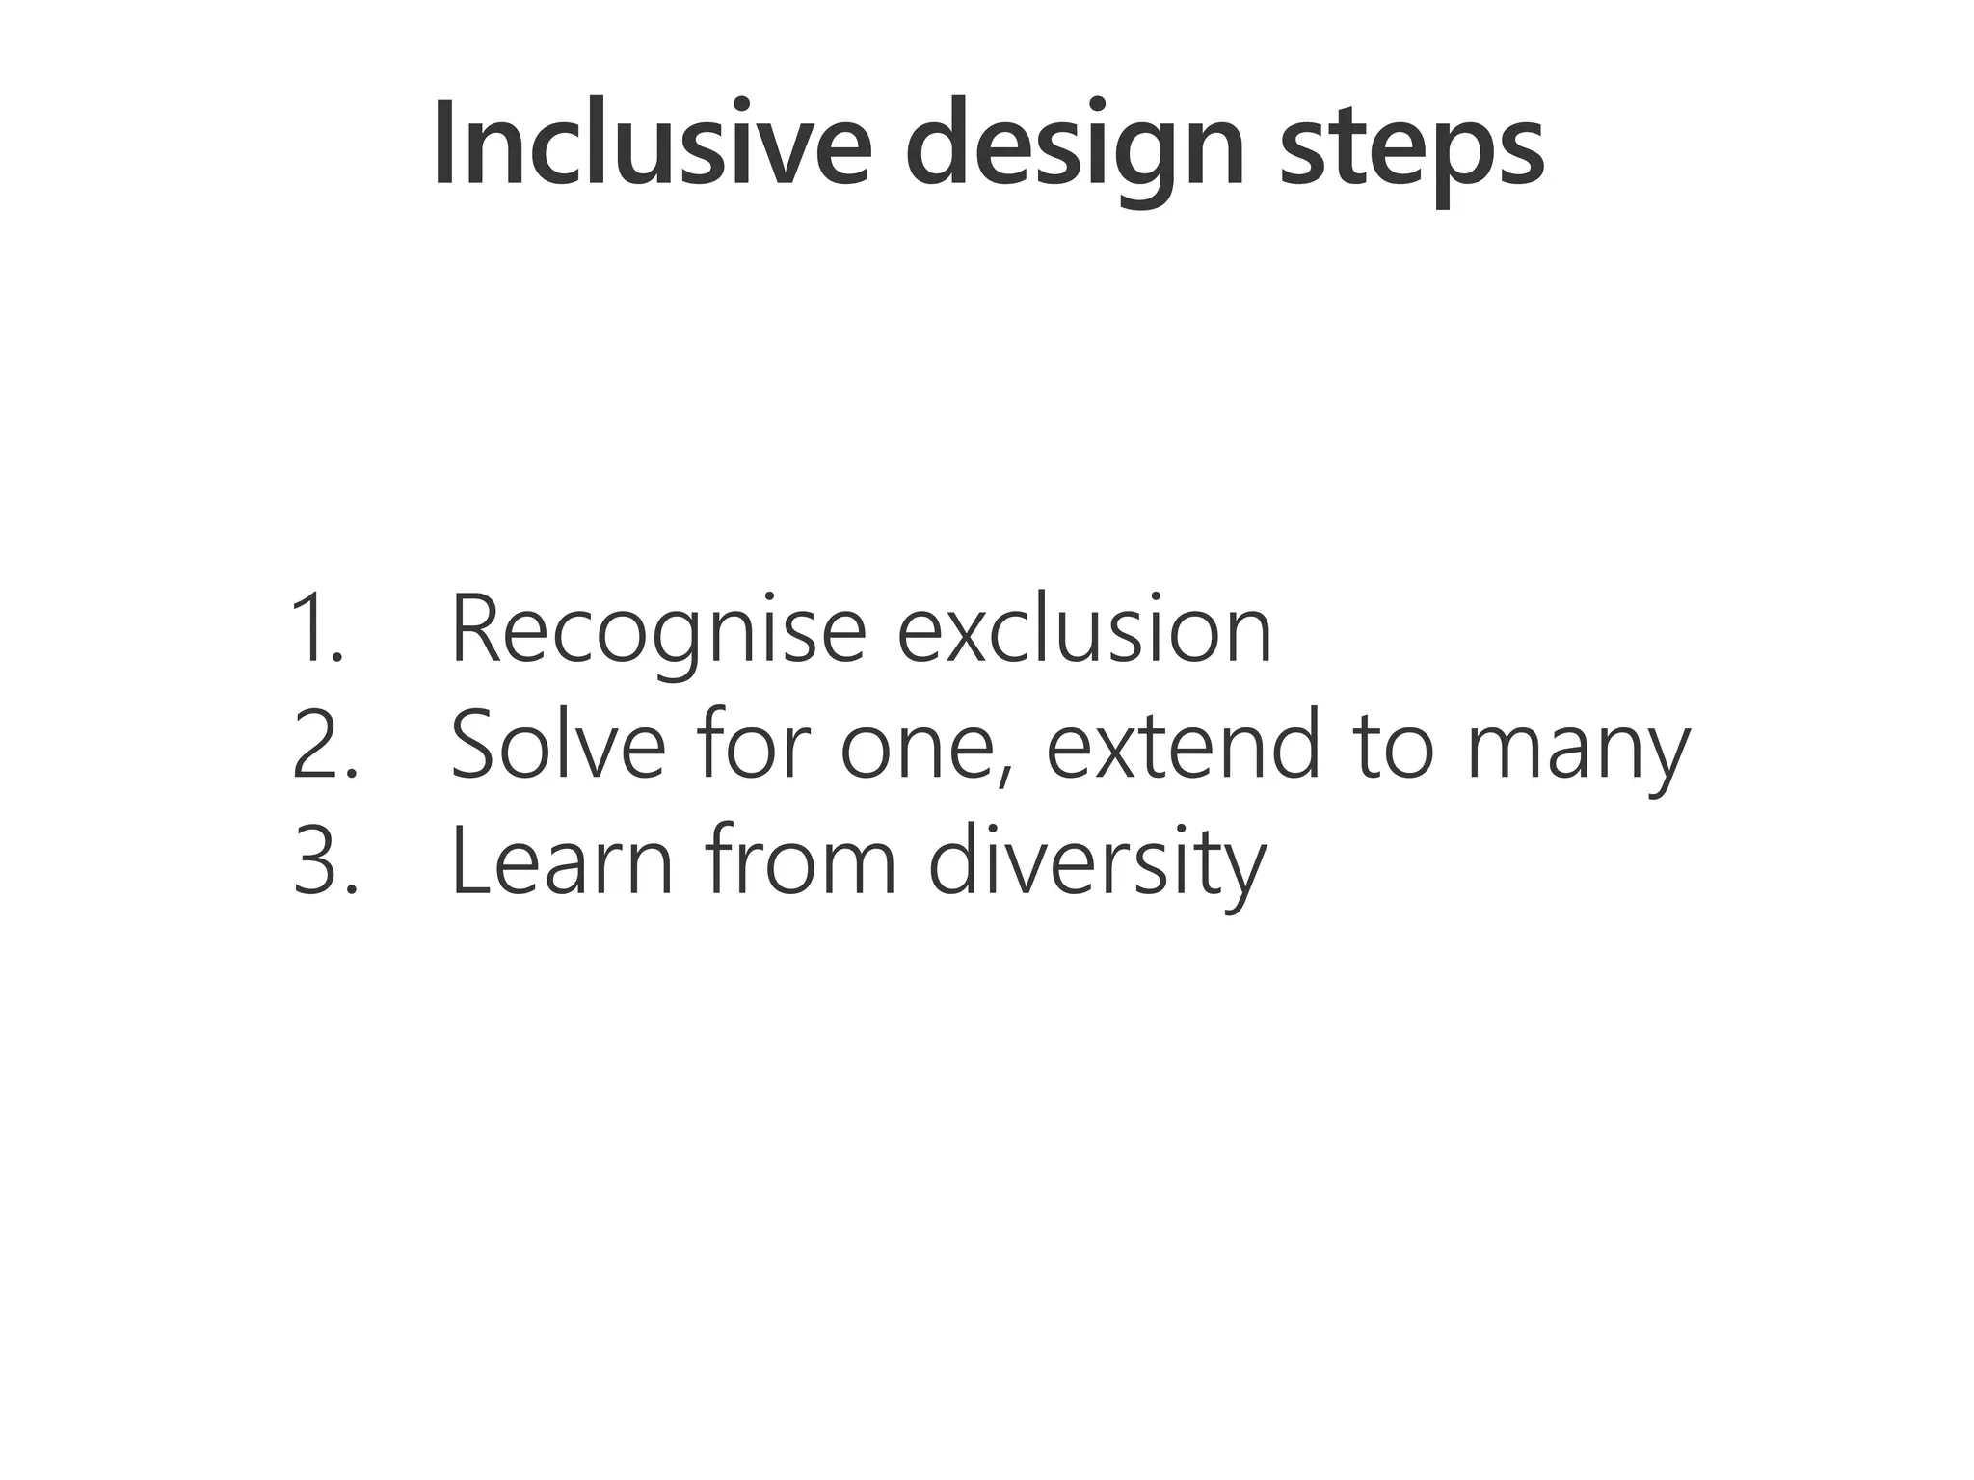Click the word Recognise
coord(658,631)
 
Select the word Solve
coord(558,744)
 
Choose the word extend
coord(1183,744)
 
